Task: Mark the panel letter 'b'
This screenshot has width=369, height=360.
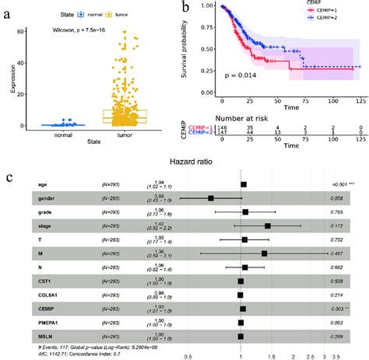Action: click(184, 9)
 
